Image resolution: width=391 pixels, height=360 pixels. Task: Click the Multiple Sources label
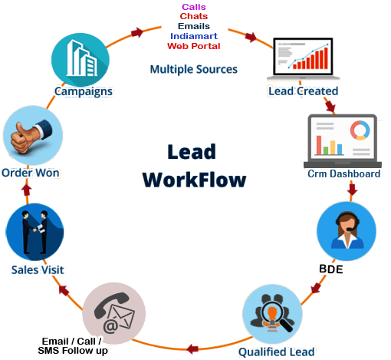pyautogui.click(x=193, y=70)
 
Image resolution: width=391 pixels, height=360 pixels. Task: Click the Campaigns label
pyautogui.click(x=84, y=91)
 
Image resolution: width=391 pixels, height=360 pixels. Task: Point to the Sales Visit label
pyautogui.click(x=37, y=270)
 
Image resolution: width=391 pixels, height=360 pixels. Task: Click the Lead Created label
pyautogui.click(x=304, y=91)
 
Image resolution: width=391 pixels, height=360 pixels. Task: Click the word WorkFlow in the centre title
pyautogui.click(x=195, y=180)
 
